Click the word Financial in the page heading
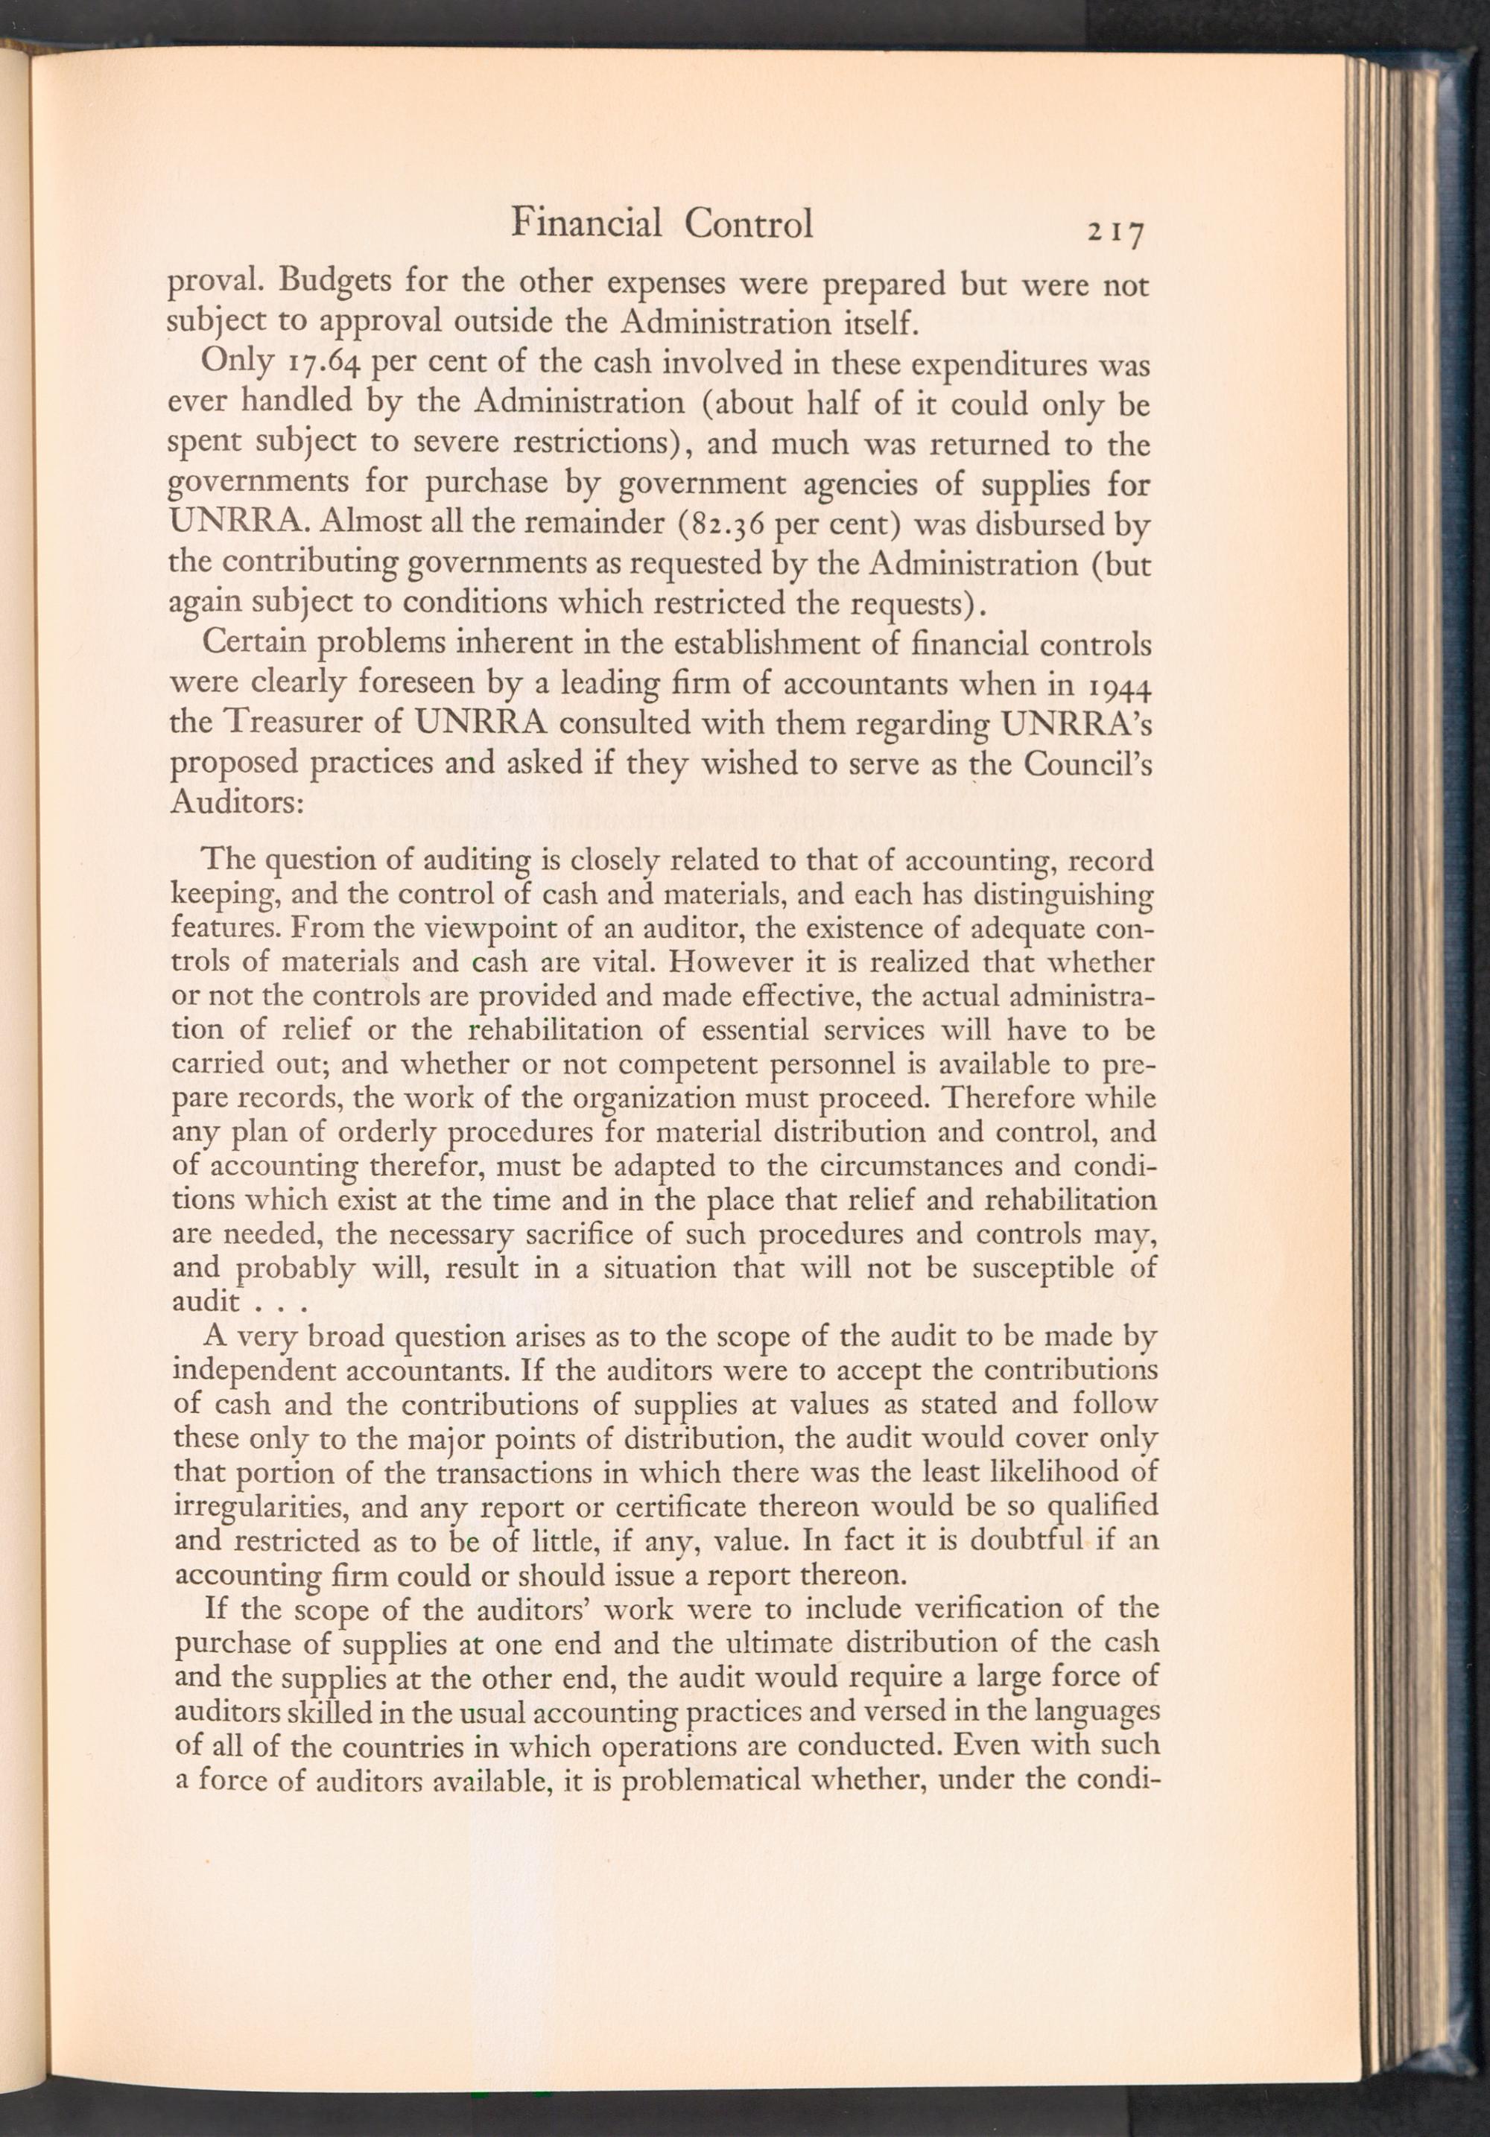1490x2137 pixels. [587, 223]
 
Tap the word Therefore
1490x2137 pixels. [1009, 1097]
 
